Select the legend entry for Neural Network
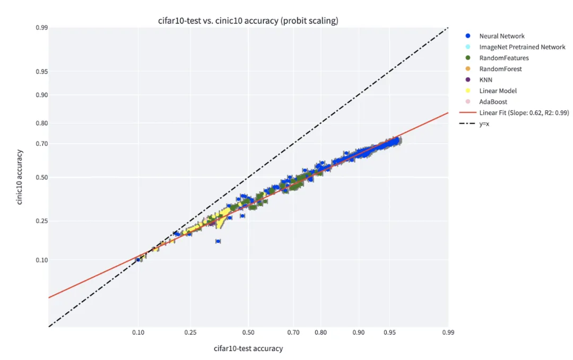(501, 36)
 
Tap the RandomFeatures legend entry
(503, 58)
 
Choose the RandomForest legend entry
(500, 69)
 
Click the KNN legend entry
(485, 80)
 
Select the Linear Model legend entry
(498, 91)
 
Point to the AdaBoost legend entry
(493, 102)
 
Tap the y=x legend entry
(484, 124)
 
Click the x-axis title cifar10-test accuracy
(248, 348)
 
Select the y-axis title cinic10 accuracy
(20, 177)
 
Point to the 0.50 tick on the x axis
(248, 332)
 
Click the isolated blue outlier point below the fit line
(218, 241)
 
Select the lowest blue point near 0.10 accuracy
(138, 260)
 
